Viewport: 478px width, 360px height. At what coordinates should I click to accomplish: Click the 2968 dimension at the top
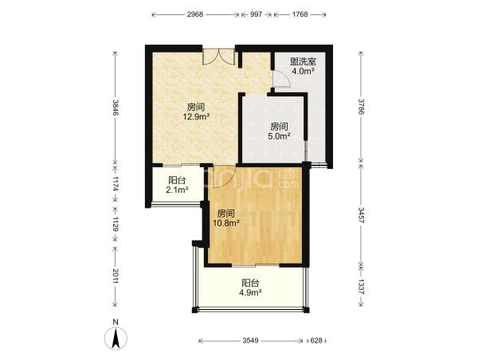[195, 14]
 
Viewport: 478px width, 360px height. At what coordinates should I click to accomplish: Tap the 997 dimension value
[256, 14]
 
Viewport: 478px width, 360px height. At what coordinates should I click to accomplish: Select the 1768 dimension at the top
[300, 14]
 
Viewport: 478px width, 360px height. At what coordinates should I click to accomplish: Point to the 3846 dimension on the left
[116, 108]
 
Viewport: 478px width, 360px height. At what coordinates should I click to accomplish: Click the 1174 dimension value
[116, 183]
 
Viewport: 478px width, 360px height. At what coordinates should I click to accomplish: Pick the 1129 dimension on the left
[116, 224]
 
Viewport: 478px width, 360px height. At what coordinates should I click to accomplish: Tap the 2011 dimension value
[116, 276]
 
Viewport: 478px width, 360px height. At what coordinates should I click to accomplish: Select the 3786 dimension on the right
[361, 107]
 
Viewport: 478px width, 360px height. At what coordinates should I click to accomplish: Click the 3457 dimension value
[361, 215]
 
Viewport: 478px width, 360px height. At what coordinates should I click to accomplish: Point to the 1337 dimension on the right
[361, 287]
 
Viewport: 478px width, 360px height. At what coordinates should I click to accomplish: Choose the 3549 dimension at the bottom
[251, 341]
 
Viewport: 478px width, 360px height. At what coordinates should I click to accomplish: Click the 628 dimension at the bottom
[316, 341]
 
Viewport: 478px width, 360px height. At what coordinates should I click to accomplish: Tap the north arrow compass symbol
[116, 338]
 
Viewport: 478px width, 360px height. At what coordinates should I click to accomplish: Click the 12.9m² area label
[196, 116]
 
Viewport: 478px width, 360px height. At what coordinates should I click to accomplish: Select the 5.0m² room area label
[279, 136]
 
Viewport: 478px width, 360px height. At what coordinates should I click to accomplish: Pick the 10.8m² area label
[226, 223]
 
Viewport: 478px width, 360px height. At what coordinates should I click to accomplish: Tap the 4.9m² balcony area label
[251, 292]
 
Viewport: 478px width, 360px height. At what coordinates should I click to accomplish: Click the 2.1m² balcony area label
[177, 190]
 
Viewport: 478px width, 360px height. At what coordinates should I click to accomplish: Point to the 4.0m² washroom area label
[303, 72]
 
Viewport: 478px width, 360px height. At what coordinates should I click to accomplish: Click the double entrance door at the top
[219, 56]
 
